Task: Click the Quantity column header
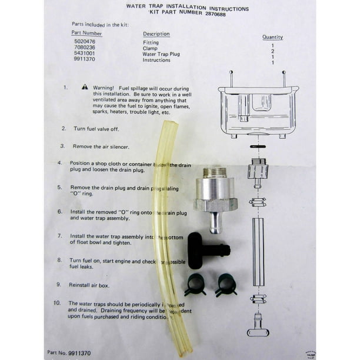272,37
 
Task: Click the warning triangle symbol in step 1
85,86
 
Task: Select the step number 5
59,187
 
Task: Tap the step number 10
56,303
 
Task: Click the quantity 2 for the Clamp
272,51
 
